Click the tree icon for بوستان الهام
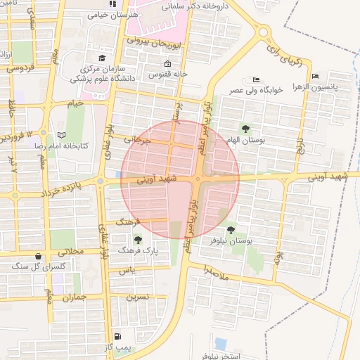245,129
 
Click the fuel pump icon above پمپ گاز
116,336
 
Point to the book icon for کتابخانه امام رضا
60,134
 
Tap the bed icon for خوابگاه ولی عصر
255,80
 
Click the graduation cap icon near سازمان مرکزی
102,58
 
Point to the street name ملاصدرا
215,271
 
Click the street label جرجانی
138,140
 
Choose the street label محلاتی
70,250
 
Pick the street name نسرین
138,297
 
